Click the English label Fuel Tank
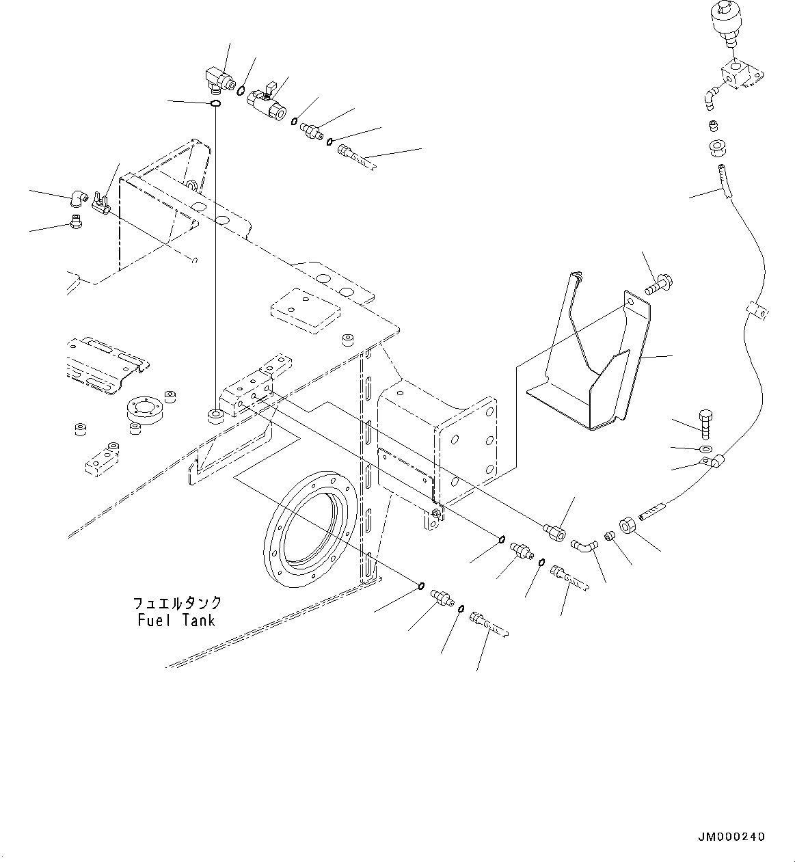click(x=176, y=620)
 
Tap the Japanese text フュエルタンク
click(x=177, y=602)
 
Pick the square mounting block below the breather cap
click(x=742, y=77)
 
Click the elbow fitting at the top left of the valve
click(x=218, y=80)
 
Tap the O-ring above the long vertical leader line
click(x=215, y=103)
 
